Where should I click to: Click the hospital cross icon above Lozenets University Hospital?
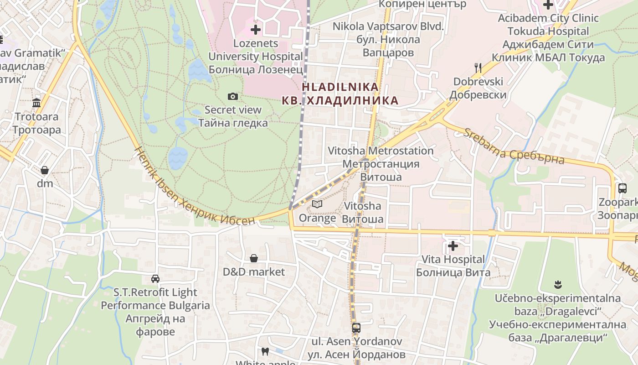click(256, 30)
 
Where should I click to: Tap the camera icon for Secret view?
click(233, 96)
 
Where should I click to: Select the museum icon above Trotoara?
click(36, 103)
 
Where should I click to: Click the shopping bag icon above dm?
click(45, 170)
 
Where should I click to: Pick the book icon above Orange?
click(317, 204)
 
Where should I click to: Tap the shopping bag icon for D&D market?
click(254, 258)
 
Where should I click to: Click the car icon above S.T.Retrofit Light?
click(155, 279)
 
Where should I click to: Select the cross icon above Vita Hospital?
click(453, 246)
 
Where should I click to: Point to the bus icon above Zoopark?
click(622, 188)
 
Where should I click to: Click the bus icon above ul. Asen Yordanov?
click(356, 328)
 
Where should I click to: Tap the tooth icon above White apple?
click(265, 351)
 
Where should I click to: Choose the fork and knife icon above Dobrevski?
click(478, 68)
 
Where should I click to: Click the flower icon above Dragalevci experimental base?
click(558, 285)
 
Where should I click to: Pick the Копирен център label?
click(422, 4)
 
